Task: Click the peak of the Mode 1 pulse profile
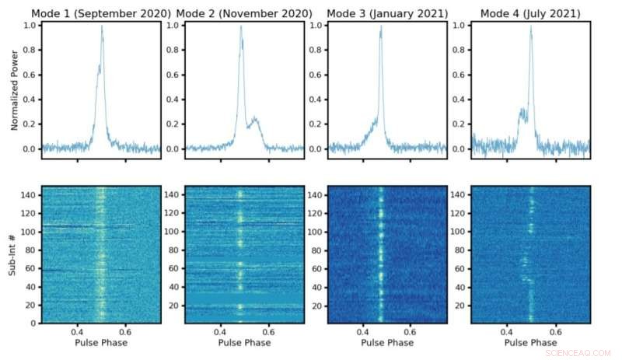101,26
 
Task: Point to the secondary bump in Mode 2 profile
254,119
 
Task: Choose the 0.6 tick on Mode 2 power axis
173,75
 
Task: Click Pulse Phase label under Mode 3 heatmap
387,343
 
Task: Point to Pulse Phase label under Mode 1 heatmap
101,343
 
